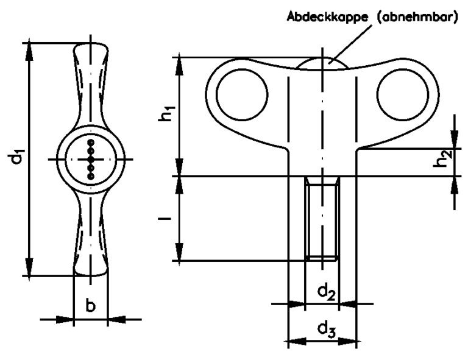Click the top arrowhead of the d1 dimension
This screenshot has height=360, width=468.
(x=29, y=50)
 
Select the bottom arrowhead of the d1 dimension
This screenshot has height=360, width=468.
(x=29, y=269)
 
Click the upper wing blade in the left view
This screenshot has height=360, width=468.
(x=91, y=85)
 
